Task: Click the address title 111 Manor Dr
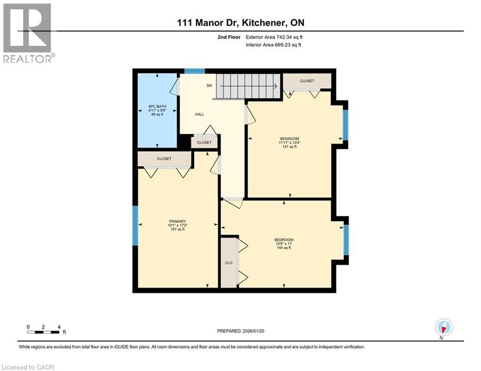point(240,23)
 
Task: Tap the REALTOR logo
point(28,33)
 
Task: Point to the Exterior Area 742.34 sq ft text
point(275,37)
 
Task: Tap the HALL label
point(199,114)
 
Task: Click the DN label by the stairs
point(209,86)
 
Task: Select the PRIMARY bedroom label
point(177,225)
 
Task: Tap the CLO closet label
point(229,263)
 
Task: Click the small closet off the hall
point(204,143)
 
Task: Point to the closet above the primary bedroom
point(164,159)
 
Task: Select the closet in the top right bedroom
point(306,81)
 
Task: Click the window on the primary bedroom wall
point(135,225)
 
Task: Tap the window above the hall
point(194,71)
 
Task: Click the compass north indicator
point(443,328)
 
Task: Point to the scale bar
point(44,331)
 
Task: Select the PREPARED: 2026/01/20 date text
point(241,331)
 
